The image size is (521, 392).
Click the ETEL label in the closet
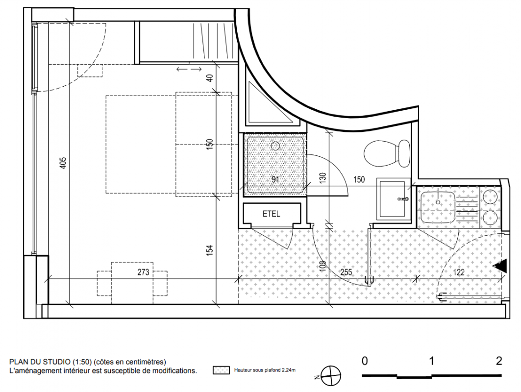pos(271,214)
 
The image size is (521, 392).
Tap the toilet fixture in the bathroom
pos(387,153)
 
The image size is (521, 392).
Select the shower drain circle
pos(275,146)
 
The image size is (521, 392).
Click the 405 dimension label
pos(63,163)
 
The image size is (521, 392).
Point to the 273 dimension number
pos(143,272)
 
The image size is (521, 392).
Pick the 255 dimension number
pos(346,272)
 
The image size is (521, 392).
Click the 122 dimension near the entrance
pos(459,272)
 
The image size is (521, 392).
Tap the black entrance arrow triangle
pos(500,266)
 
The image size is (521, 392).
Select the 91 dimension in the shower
pos(275,180)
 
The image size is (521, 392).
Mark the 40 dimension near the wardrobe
pos(210,78)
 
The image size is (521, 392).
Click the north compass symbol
pos(331,376)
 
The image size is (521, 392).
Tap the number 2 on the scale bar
pos(499,361)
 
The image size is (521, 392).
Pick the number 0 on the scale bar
pos(365,361)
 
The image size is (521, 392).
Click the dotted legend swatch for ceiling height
pos(222,370)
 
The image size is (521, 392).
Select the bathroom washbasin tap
pos(403,199)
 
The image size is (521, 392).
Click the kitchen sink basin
pos(438,206)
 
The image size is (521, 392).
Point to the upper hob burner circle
pos(490,197)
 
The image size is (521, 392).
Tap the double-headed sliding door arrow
pos(189,69)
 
